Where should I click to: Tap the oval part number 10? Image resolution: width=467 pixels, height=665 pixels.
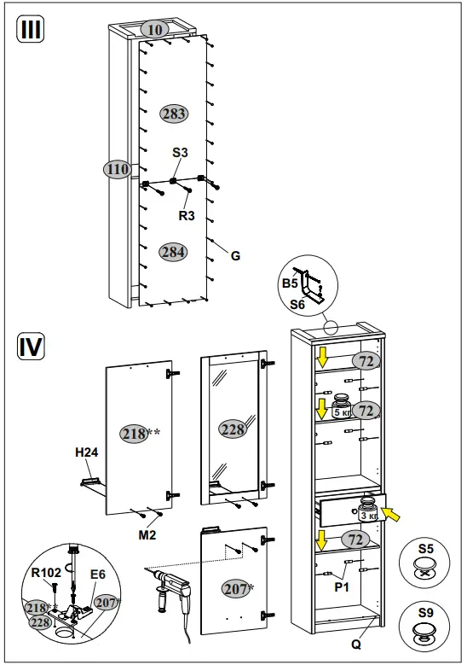click(x=154, y=30)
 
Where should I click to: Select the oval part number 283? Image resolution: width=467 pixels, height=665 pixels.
click(x=173, y=114)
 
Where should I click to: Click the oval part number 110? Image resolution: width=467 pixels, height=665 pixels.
click(x=118, y=169)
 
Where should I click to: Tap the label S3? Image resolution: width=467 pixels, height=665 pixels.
click(x=180, y=152)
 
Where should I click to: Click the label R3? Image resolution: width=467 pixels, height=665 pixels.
click(x=187, y=216)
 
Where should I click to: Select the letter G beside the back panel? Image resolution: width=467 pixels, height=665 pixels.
click(x=236, y=254)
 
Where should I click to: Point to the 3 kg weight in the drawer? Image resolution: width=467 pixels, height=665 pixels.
click(x=367, y=510)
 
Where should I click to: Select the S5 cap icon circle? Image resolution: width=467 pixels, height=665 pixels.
click(x=426, y=560)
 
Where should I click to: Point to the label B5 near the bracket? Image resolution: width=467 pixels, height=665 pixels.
click(x=290, y=283)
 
